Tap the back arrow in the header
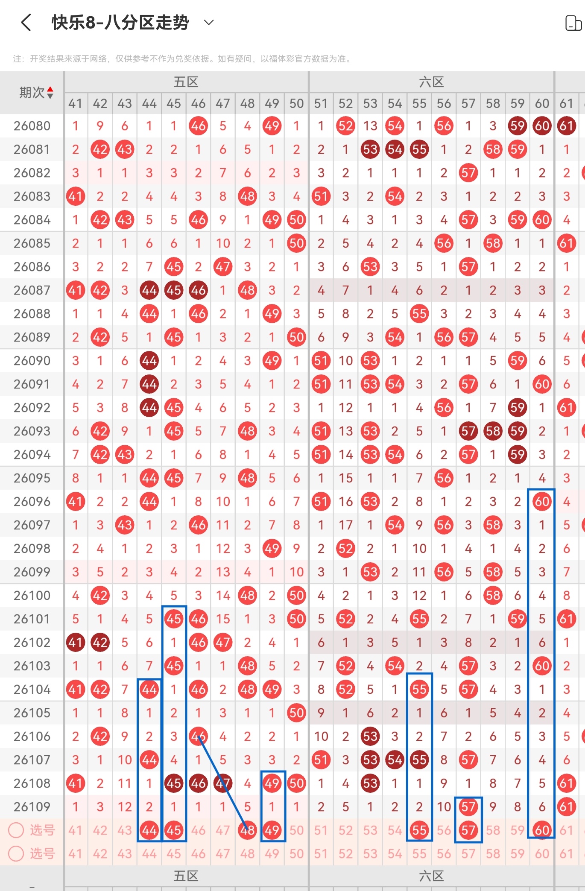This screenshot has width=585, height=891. pos(26,22)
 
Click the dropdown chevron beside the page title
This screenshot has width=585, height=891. pos(209,22)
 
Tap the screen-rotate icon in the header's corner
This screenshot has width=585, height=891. pos(573,23)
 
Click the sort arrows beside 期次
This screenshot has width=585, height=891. pos(50,92)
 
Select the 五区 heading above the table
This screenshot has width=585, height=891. pos(186,82)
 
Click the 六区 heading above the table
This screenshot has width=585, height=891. pos(431,82)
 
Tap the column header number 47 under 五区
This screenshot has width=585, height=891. pos(223,103)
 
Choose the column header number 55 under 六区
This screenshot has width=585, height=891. pos(419,103)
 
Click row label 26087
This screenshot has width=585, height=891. pos(32,290)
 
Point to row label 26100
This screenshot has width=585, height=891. pos(32,596)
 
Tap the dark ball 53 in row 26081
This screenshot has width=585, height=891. pos(370,149)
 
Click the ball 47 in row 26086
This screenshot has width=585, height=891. pos(223,267)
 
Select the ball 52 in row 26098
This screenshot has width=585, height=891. pos(345,549)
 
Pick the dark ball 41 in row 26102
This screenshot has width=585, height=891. pos(76,643)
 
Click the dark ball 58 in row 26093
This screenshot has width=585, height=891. pos(493,431)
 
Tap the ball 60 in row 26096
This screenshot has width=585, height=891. pos(542,502)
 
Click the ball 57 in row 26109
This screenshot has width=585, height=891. pos(468,807)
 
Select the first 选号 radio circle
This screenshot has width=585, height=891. pos(16,830)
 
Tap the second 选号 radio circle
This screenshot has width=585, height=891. pos(16,854)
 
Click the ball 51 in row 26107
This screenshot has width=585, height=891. pos(321,760)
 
